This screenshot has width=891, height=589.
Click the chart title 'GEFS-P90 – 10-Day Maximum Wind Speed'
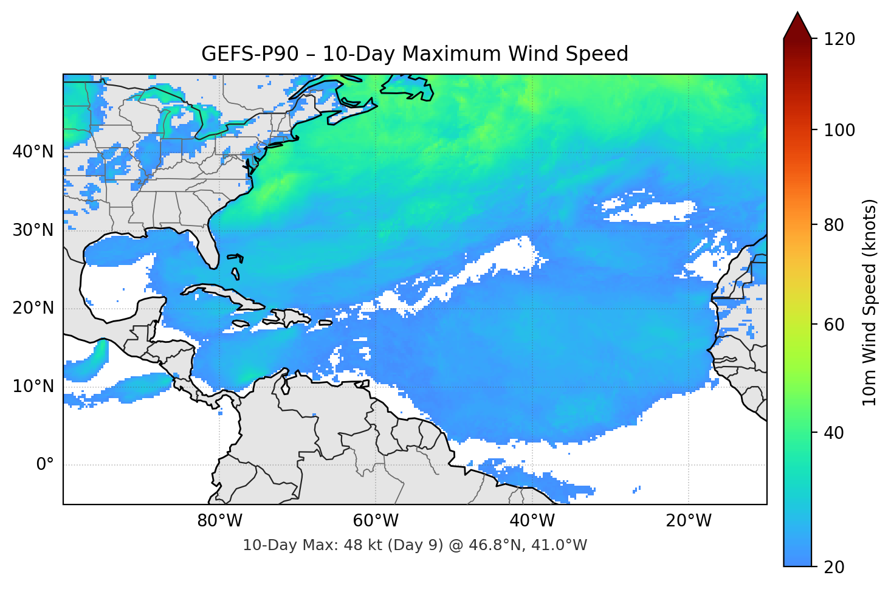415,54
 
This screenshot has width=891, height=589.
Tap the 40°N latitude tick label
33,151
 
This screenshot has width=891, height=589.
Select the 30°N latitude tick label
33,230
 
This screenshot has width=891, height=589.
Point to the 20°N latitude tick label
33,308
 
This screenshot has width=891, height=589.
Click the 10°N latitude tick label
33,387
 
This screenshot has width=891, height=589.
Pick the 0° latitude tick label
45,465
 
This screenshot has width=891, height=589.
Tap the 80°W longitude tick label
219,521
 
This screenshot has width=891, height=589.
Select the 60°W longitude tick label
376,521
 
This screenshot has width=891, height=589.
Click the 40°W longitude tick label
532,521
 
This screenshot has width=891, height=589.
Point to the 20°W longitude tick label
689,521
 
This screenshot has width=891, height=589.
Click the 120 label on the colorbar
839,39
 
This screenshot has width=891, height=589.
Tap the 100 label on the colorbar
839,130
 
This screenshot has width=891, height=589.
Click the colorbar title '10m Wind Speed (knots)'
870,302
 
